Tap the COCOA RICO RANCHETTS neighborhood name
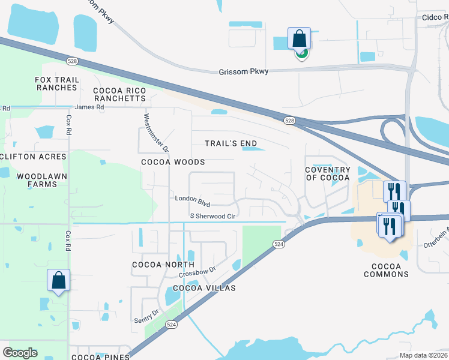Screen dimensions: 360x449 pyautogui.click(x=119, y=94)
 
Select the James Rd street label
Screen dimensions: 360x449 pyautogui.click(x=89, y=107)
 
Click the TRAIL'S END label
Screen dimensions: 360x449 pyautogui.click(x=231, y=143)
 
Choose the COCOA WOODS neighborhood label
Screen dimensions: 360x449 pyautogui.click(x=173, y=162)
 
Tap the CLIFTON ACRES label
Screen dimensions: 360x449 pyautogui.click(x=33, y=157)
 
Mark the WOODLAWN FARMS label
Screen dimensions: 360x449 pyautogui.click(x=37, y=180)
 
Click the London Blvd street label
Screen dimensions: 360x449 pyautogui.click(x=192, y=198)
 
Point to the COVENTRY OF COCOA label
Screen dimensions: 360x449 pyautogui.click(x=327, y=173)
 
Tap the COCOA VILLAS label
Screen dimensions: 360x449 pyautogui.click(x=204, y=288)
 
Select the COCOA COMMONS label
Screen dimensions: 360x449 pyautogui.click(x=386, y=270)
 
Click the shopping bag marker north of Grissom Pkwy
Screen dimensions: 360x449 pyautogui.click(x=299, y=39)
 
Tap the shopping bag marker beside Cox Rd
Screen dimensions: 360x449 pyautogui.click(x=58, y=280)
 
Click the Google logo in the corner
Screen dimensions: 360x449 pyautogui.click(x=20, y=352)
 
